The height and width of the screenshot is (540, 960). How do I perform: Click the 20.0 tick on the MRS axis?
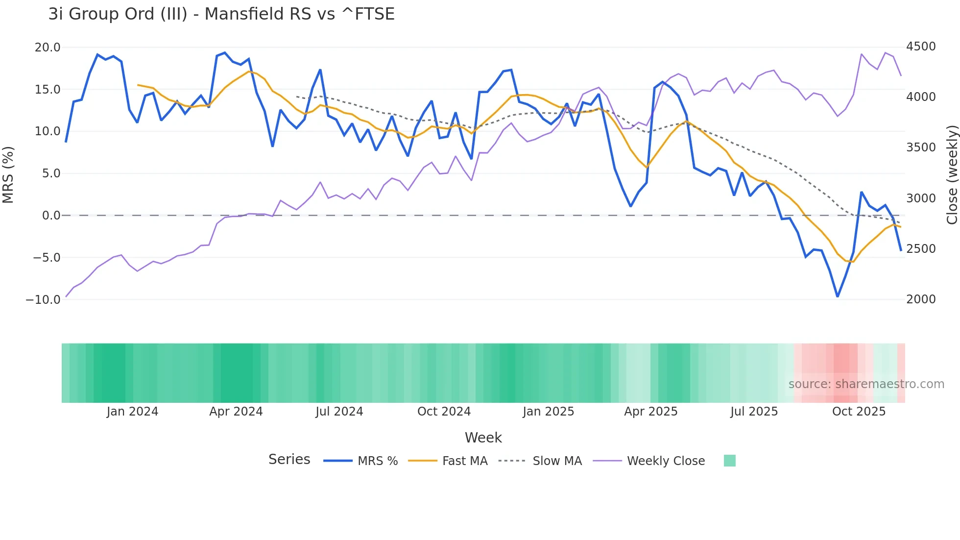[x=47, y=48]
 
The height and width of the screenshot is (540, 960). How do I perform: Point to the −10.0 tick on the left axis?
[x=43, y=299]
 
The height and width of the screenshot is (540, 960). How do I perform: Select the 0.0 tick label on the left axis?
[x=51, y=216]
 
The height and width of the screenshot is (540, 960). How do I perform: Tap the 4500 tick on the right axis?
[x=921, y=47]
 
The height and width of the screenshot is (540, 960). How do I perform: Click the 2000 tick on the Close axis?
[x=921, y=299]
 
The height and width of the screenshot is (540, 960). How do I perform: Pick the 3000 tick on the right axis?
[x=921, y=198]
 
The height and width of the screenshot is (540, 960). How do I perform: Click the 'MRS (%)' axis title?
[x=8, y=174]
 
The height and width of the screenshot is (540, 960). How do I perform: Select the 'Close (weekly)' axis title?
[x=952, y=174]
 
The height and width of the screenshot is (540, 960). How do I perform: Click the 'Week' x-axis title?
[x=483, y=438]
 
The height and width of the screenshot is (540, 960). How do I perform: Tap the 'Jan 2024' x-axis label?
[x=132, y=412]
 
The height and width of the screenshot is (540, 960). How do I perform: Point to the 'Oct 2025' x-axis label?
[x=859, y=412]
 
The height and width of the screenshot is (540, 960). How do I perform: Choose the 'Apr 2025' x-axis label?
[x=650, y=412]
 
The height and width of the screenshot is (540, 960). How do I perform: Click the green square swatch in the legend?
[x=729, y=461]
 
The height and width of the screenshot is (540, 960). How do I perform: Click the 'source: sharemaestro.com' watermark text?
[x=866, y=384]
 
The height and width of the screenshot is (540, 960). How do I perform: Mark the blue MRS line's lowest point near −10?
[x=838, y=296]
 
